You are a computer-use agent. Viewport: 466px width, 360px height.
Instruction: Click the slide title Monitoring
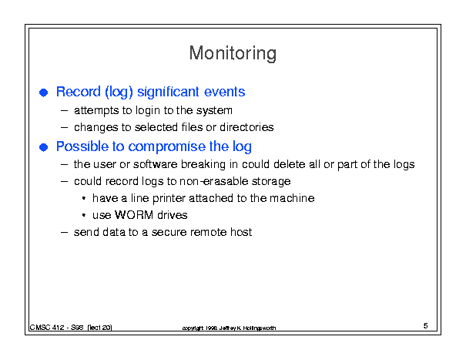[233, 54]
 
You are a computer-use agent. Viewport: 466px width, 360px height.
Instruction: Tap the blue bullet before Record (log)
[44, 93]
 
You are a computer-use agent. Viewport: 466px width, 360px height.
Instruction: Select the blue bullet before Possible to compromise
[44, 147]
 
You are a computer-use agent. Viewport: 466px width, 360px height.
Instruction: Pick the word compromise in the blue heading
[166, 147]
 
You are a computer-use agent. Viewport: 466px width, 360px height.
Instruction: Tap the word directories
[246, 127]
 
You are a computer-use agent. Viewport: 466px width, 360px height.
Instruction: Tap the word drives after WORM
[173, 215]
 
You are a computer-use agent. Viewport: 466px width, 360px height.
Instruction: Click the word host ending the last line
[241, 232]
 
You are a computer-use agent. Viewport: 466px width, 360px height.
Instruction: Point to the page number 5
[426, 326]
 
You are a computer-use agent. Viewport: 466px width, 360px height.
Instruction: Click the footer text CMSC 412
[47, 328]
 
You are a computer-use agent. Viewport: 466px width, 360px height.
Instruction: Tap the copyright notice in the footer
[229, 328]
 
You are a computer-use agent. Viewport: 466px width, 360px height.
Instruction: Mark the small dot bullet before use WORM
[84, 215]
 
